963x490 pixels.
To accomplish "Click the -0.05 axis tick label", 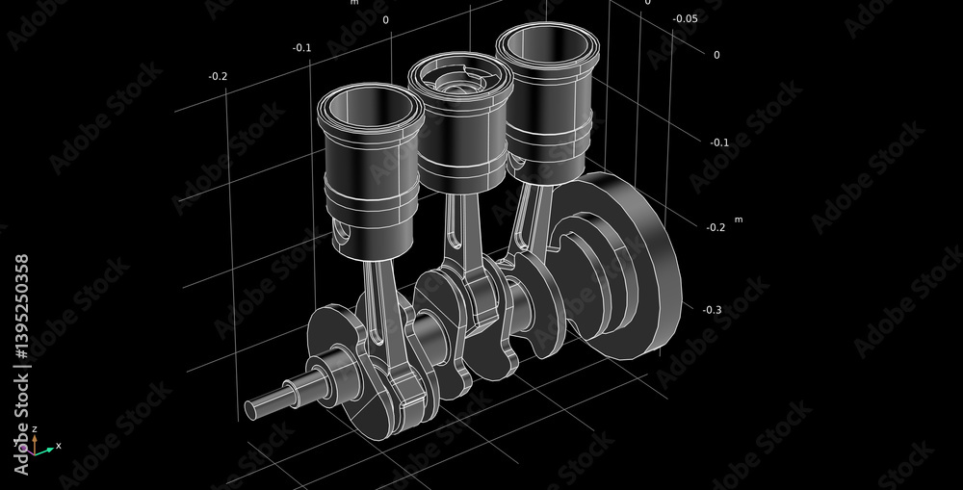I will (685, 18).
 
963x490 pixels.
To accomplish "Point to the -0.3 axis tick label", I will (712, 310).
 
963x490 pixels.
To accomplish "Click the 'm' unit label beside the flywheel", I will (739, 219).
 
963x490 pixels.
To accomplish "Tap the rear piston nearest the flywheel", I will (544, 106).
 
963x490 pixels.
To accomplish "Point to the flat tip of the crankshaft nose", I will (251, 410).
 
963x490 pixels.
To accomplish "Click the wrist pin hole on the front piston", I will (343, 232).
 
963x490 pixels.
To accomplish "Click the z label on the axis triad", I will (34, 428).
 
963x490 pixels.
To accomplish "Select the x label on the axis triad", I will (59, 445).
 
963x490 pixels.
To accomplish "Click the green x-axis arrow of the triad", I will (44, 449).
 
